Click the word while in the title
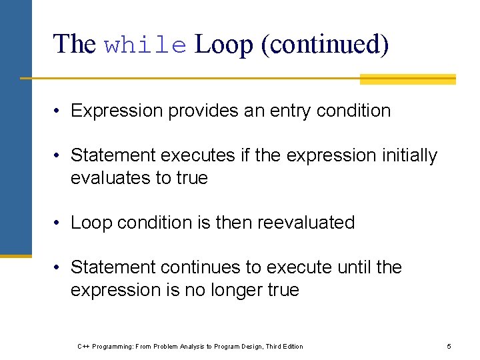pos(146,45)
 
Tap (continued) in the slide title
pos(325,45)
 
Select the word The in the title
pos(75,45)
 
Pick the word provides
pos(203,111)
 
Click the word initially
pos(409,155)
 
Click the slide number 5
pos(449,346)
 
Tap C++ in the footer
pos(83,346)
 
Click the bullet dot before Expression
pos(59,111)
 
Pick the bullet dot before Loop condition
pos(59,223)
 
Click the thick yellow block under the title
pos(407,79)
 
